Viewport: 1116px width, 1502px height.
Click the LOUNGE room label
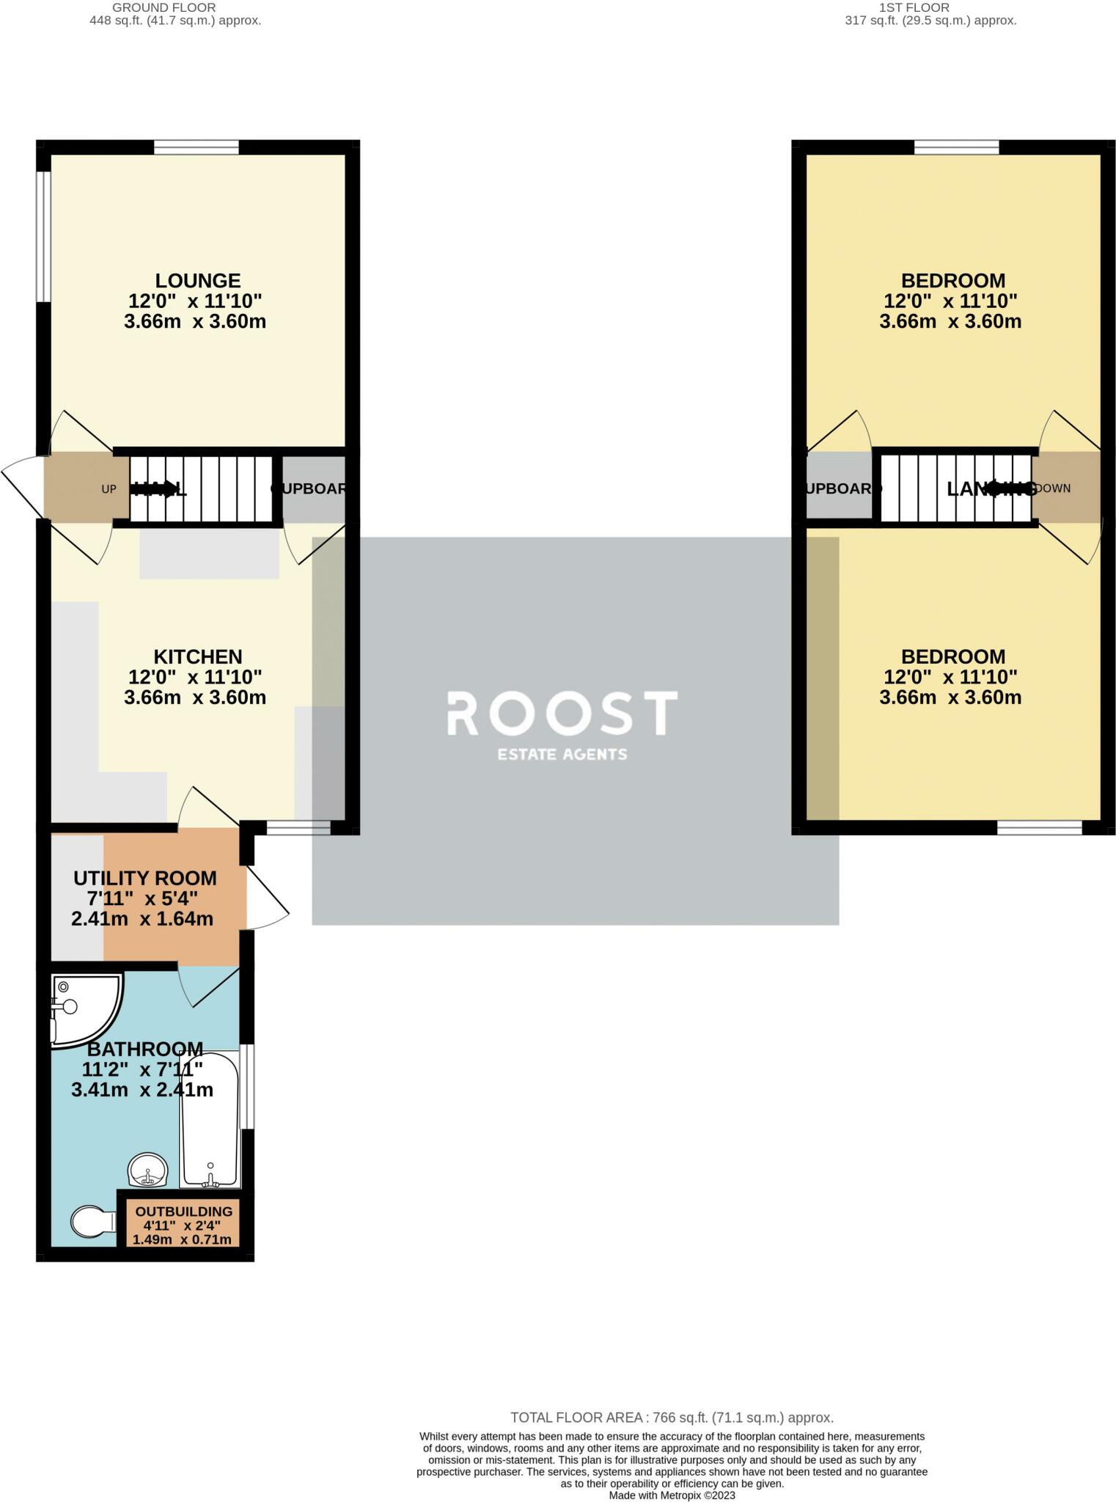(x=197, y=281)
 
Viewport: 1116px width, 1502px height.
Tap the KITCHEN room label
(x=197, y=656)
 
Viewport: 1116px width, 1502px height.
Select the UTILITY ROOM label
(x=144, y=878)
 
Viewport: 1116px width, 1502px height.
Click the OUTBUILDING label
(x=183, y=1212)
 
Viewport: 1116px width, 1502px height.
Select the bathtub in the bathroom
(x=210, y=1119)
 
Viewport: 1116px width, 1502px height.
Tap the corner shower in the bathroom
(x=81, y=1006)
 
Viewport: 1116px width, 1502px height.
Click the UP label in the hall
(x=109, y=489)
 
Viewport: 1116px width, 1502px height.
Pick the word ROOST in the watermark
(x=562, y=714)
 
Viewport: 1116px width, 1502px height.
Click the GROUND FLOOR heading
(x=164, y=7)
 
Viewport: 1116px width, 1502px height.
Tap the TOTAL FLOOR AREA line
(x=672, y=1418)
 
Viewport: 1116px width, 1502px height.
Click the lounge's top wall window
(x=197, y=147)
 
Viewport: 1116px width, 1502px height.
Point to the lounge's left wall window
(x=44, y=236)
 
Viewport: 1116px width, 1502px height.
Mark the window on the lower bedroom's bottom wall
(x=1039, y=828)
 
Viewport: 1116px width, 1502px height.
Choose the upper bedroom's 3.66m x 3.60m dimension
(x=950, y=321)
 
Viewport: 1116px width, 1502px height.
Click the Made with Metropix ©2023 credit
(x=672, y=1495)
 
